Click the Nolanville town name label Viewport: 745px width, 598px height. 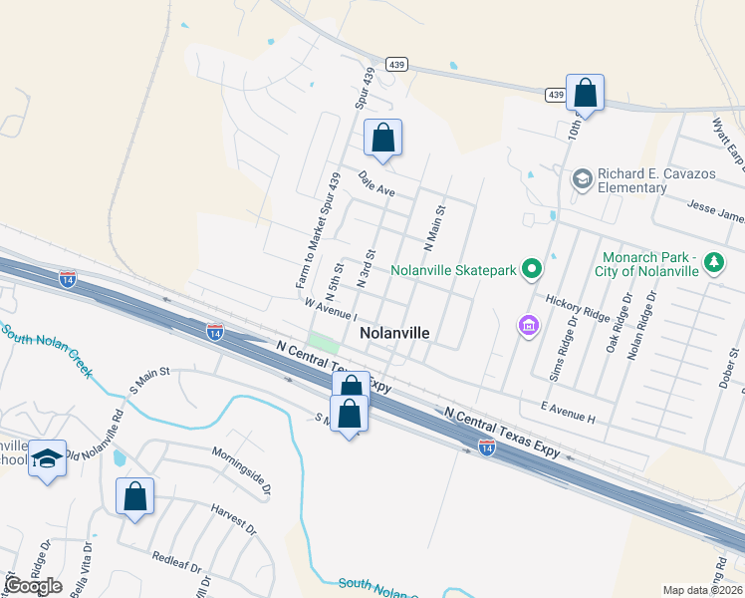pos(394,333)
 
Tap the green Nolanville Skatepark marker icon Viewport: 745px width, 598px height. pos(532,268)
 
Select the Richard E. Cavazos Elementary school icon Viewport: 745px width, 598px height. pos(582,179)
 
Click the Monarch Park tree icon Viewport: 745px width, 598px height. pos(713,262)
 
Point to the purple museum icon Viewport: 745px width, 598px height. pos(528,325)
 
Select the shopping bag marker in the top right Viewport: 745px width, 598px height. pos(585,94)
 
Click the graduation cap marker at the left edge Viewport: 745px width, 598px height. pos(47,458)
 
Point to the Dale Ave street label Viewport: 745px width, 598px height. pos(377,183)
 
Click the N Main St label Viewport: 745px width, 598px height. pos(433,226)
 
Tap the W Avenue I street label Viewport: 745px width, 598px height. pos(332,303)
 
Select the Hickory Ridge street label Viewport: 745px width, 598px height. pos(577,307)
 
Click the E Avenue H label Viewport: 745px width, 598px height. pos(567,413)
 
